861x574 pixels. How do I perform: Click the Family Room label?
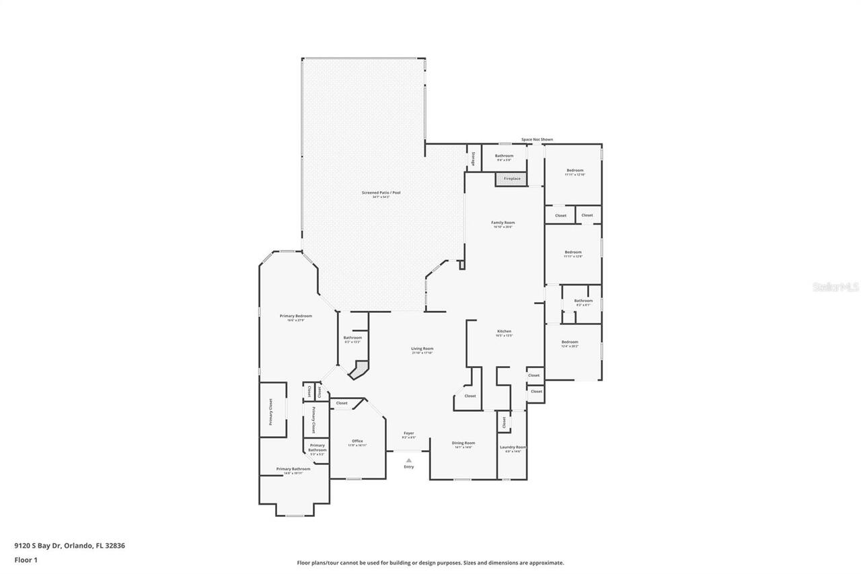pyautogui.click(x=503, y=223)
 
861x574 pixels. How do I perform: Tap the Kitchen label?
pyautogui.click(x=504, y=331)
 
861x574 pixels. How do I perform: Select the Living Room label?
pyautogui.click(x=422, y=349)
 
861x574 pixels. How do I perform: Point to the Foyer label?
pyautogui.click(x=409, y=433)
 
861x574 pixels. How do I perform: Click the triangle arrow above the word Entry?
pyautogui.click(x=409, y=460)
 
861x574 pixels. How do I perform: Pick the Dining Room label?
pyautogui.click(x=463, y=443)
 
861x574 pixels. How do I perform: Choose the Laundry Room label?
pyautogui.click(x=513, y=447)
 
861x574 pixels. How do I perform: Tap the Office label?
pyautogui.click(x=357, y=441)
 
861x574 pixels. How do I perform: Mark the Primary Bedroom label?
pyautogui.click(x=296, y=316)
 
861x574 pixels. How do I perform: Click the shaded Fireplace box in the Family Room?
pyautogui.click(x=512, y=179)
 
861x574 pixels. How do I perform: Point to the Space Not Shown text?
pyautogui.click(x=537, y=139)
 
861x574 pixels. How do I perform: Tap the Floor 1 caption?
pyautogui.click(x=26, y=559)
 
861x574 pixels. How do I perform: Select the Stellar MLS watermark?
pyautogui.click(x=835, y=287)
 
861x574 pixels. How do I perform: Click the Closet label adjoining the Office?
pyautogui.click(x=342, y=403)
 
